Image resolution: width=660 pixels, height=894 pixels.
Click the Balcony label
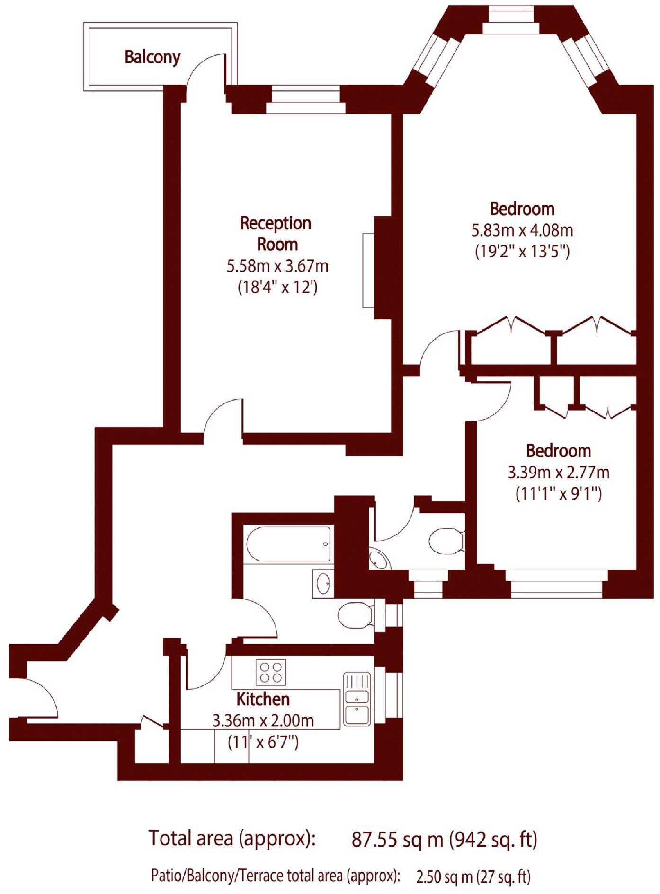(x=152, y=57)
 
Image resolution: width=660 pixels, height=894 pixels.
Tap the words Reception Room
(x=276, y=234)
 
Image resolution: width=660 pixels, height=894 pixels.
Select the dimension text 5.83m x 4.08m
(x=522, y=230)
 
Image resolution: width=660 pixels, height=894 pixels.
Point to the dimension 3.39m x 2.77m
(x=558, y=472)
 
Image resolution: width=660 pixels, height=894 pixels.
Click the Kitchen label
(x=263, y=699)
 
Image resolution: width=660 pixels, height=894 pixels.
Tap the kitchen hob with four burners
(x=271, y=672)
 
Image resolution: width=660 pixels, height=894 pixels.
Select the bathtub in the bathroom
(x=288, y=544)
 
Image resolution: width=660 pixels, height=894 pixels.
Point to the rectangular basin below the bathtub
(x=323, y=583)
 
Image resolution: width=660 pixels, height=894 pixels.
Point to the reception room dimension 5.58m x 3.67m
(x=277, y=266)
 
